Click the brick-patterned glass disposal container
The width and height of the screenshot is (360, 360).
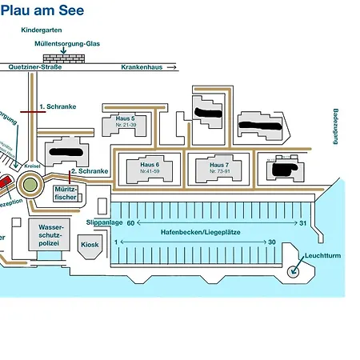coord(63,59)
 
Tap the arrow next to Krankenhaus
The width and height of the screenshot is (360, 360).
coord(170,68)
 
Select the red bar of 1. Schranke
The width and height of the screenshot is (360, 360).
coord(32,112)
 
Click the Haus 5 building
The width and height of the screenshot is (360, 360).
coord(126,124)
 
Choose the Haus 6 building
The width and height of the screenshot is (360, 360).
coord(150,168)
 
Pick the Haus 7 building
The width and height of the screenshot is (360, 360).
coord(218,168)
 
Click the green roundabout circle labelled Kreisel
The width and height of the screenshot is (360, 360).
coord(30,185)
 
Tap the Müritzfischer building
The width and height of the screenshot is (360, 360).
coord(66,193)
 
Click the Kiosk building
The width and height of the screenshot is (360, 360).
coord(90,245)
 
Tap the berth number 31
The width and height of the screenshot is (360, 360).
coord(303,223)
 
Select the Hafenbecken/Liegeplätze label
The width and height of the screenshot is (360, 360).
coord(201,232)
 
